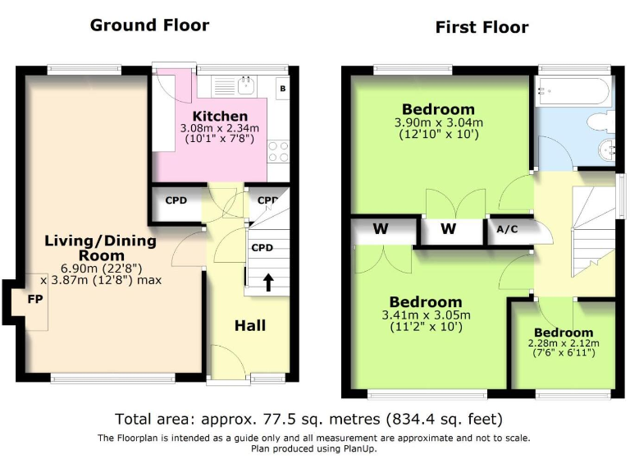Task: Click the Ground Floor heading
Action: tap(149, 25)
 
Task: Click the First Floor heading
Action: tap(482, 27)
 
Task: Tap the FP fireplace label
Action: tap(35, 299)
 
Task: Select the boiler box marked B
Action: tap(283, 89)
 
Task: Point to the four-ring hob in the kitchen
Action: tap(278, 152)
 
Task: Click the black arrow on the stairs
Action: tap(268, 282)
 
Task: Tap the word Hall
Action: tap(250, 325)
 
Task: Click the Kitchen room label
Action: tap(220, 117)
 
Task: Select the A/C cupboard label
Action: tap(507, 229)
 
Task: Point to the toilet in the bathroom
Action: tap(601, 122)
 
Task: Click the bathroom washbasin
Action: tap(607, 150)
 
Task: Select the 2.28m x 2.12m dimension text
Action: tap(564, 343)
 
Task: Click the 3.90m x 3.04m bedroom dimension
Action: tap(438, 122)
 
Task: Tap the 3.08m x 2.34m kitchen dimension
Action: tap(219, 129)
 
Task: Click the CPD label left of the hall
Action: tap(176, 200)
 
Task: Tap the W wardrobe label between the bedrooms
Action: tap(448, 229)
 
